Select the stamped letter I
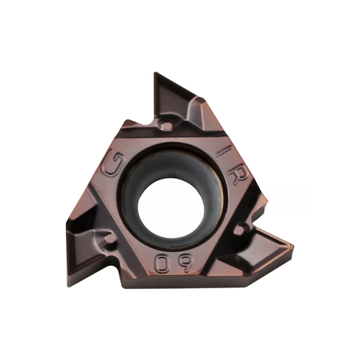(x=224, y=150)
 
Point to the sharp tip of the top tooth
(x=156, y=72)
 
